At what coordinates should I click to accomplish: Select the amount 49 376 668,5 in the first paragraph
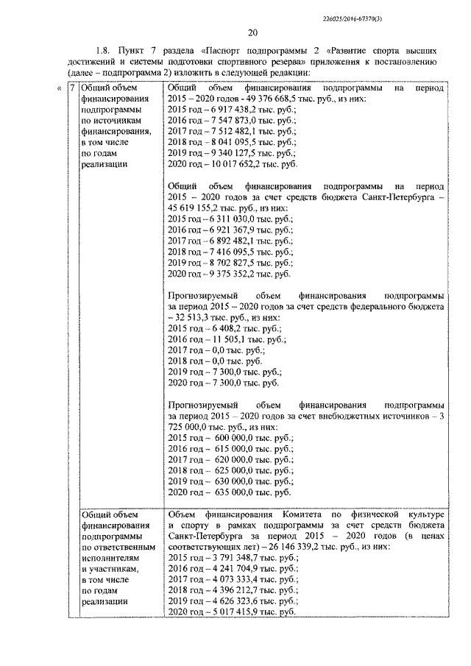(x=275, y=98)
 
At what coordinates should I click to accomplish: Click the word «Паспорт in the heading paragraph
(x=220, y=51)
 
